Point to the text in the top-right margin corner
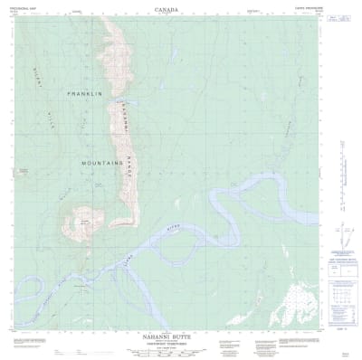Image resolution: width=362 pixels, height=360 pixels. click(x=343, y=6)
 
